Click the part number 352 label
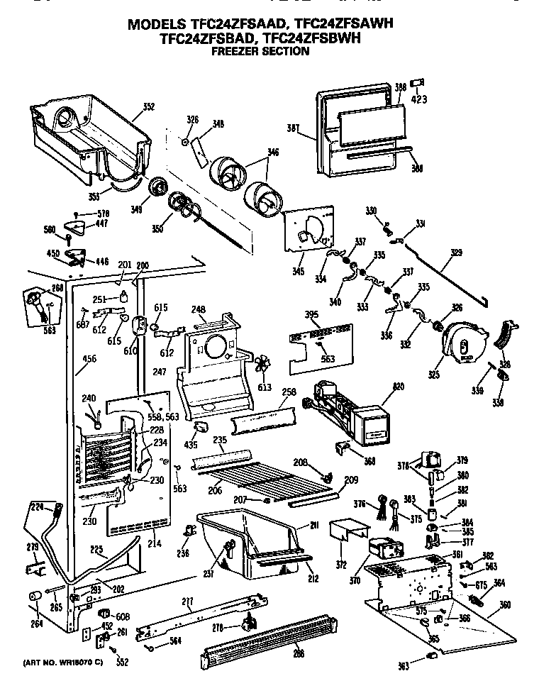click(148, 107)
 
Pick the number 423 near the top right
click(419, 100)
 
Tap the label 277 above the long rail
click(187, 603)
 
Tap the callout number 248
click(199, 309)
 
